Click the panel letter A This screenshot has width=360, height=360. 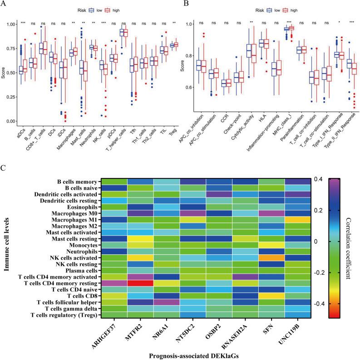4,4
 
